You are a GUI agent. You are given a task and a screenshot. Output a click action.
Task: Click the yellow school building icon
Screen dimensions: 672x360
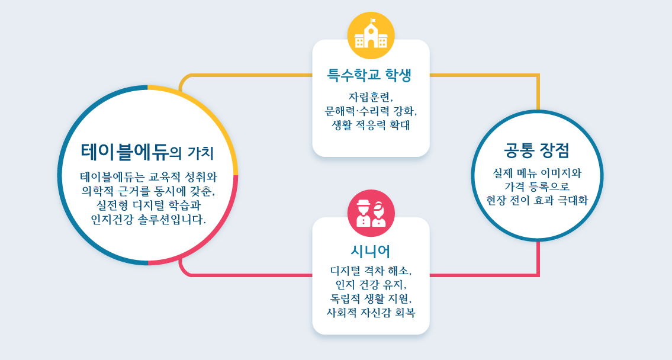pos(371,36)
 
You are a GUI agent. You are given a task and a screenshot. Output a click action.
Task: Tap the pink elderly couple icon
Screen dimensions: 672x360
pos(371,213)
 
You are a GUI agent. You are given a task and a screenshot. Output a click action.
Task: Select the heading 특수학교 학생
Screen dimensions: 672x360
pos(371,75)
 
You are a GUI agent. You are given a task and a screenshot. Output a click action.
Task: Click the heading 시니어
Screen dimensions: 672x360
pos(371,251)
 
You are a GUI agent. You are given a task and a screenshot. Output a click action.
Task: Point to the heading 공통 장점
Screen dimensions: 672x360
pos(537,150)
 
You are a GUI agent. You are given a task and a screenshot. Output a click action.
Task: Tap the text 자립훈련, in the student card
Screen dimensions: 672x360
pos(371,97)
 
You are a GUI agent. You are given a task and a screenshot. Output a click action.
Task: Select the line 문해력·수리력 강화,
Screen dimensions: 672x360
pos(371,111)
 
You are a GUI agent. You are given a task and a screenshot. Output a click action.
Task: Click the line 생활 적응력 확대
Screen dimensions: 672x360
pos(371,125)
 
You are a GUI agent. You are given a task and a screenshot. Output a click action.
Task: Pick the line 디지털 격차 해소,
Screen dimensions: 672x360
pos(371,271)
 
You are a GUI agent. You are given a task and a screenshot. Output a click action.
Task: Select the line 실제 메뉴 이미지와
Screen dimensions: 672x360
pos(537,173)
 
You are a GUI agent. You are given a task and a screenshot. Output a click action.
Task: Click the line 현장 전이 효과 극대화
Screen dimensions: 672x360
pos(537,200)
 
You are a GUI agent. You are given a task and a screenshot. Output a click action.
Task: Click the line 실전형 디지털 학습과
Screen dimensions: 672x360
pos(148,205)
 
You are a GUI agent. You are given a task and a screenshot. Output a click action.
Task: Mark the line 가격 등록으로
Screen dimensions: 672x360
pos(537,187)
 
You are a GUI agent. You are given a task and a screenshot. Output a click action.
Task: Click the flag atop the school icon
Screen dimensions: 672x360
pos(373,21)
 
